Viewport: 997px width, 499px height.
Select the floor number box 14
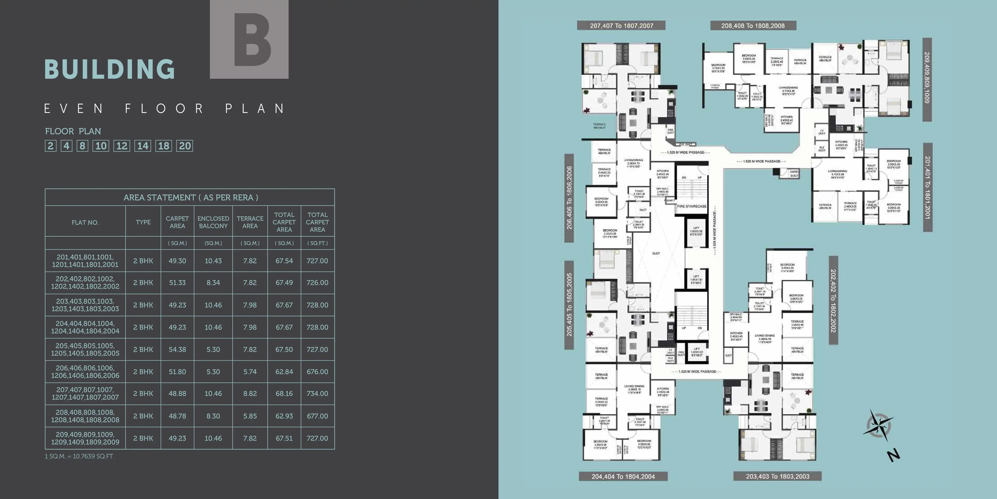[x=143, y=146]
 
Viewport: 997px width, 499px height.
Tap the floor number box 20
[x=185, y=146]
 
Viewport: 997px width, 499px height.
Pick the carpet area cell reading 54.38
[x=177, y=350]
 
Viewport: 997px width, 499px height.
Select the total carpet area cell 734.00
[x=317, y=394]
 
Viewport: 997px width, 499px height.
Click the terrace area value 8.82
[x=250, y=394]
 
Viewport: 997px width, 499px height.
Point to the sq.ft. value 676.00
[x=317, y=372]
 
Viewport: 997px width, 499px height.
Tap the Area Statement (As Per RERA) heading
[x=190, y=198]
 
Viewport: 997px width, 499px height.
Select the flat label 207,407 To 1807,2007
[x=622, y=26]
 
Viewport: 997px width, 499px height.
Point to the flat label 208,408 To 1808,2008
[x=753, y=26]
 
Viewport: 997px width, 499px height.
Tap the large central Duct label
[x=656, y=253]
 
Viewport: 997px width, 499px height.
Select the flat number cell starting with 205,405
[x=85, y=350]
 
